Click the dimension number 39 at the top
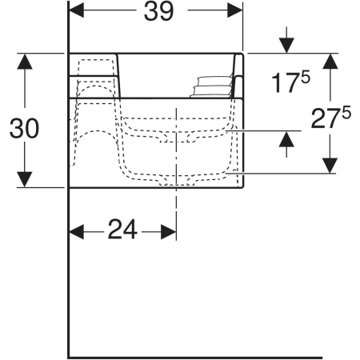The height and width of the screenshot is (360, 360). pyautogui.click(x=158, y=12)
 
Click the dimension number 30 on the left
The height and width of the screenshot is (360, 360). pyautogui.click(x=24, y=129)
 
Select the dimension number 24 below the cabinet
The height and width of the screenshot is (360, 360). pyautogui.click(x=122, y=229)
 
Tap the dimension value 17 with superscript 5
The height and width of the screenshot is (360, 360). pyautogui.click(x=290, y=82)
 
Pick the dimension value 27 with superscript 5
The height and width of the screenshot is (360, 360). pyautogui.click(x=330, y=118)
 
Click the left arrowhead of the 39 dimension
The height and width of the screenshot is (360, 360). pyautogui.click(x=77, y=10)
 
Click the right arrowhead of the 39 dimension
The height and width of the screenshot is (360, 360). pyautogui.click(x=235, y=10)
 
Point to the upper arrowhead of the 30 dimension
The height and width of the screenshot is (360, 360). pyautogui.click(x=25, y=62)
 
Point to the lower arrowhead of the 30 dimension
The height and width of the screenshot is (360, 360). pyautogui.click(x=25, y=179)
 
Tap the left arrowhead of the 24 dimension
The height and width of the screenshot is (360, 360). pyautogui.click(x=77, y=232)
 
